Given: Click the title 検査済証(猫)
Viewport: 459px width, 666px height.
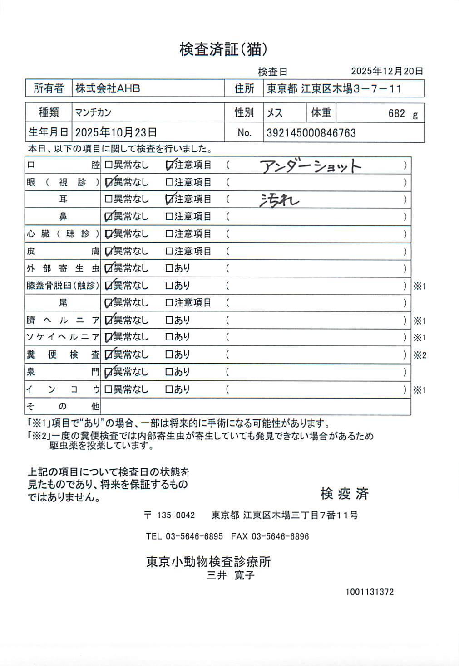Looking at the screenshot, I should pyautogui.click(x=223, y=49).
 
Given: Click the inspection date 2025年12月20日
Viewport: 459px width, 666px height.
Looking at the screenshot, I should pyautogui.click(x=387, y=71).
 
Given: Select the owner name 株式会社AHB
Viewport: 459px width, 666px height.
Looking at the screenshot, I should pyautogui.click(x=108, y=88).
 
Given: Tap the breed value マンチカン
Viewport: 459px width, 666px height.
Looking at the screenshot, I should pyautogui.click(x=93, y=112).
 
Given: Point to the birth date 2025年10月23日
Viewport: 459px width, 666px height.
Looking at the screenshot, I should pyautogui.click(x=116, y=132).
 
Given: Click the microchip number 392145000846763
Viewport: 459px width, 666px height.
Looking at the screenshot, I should pyautogui.click(x=311, y=133).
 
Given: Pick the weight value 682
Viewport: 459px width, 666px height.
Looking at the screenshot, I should pyautogui.click(x=396, y=113).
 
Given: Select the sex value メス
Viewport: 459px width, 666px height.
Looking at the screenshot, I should pyautogui.click(x=275, y=113).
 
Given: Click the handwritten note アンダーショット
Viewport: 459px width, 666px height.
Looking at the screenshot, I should pyautogui.click(x=311, y=166).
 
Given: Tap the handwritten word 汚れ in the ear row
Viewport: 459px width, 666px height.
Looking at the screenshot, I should pyautogui.click(x=279, y=200).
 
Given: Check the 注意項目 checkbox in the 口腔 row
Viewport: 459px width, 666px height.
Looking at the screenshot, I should pyautogui.click(x=169, y=165).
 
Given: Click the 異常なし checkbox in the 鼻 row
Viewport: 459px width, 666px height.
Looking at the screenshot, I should pyautogui.click(x=109, y=217).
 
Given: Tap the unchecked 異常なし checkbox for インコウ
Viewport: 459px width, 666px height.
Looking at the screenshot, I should pyautogui.click(x=109, y=389).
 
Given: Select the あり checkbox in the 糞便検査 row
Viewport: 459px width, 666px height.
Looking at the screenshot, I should pyautogui.click(x=169, y=355).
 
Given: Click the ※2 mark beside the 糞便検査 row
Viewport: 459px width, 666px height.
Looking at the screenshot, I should pyautogui.click(x=420, y=355).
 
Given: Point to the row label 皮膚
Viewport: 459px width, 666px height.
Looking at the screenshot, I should pyautogui.click(x=63, y=251).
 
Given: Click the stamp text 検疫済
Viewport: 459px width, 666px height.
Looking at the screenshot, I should pyautogui.click(x=344, y=493).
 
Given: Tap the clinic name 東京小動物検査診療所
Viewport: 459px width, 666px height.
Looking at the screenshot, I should pyautogui.click(x=208, y=562).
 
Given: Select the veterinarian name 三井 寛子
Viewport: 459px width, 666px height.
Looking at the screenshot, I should pyautogui.click(x=231, y=575).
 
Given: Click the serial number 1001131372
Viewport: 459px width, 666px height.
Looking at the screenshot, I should pyautogui.click(x=370, y=592).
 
